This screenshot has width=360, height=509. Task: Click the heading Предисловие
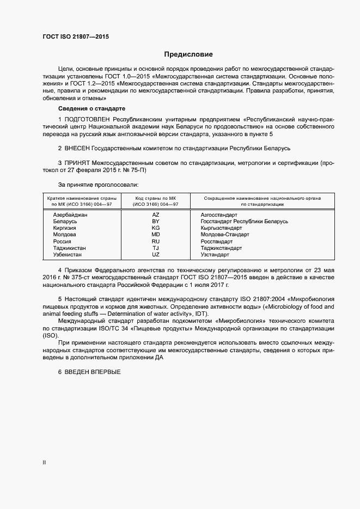pyautogui.click(x=188, y=54)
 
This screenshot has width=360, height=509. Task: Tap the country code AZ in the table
pyautogui.click(x=156, y=215)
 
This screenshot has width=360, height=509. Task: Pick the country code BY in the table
pyautogui.click(x=156, y=222)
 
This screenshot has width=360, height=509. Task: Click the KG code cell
pyautogui.click(x=156, y=228)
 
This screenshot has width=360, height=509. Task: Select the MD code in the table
pyautogui.click(x=156, y=235)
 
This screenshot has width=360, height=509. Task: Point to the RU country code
pyautogui.click(x=156, y=241)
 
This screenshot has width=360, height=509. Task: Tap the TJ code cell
pyautogui.click(x=156, y=248)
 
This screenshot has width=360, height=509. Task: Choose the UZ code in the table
pyautogui.click(x=156, y=254)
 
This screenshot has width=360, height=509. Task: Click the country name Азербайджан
pyautogui.click(x=70, y=215)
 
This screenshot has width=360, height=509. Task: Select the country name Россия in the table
pyautogui.click(x=62, y=241)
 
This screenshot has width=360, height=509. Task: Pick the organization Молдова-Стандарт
pyautogui.click(x=224, y=235)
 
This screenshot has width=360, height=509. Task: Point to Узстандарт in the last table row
pyautogui.click(x=215, y=254)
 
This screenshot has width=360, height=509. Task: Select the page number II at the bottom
pyautogui.click(x=45, y=463)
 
